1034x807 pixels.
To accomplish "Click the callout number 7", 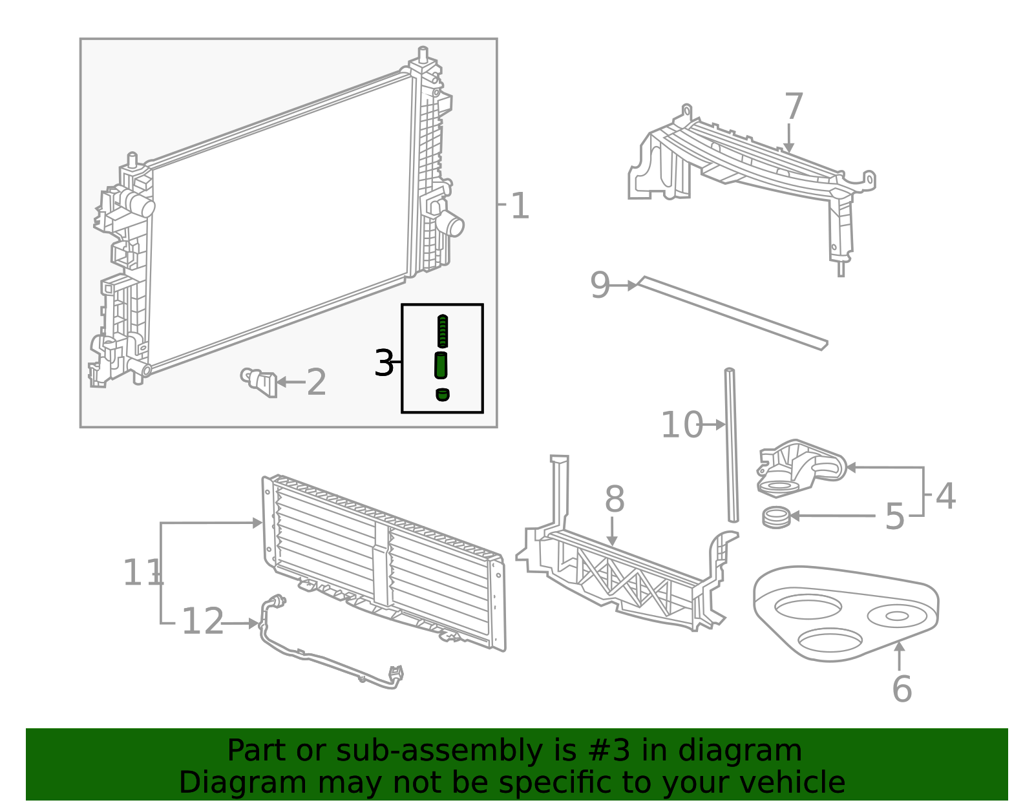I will click(x=794, y=107).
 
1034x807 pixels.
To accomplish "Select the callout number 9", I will click(x=600, y=285).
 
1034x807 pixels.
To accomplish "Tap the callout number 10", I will click(x=681, y=425).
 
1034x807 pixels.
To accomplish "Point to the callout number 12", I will click(x=202, y=622).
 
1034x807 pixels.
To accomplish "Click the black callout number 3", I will click(x=384, y=364).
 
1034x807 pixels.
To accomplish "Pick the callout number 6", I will click(x=902, y=689).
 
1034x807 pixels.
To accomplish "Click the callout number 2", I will click(x=316, y=383).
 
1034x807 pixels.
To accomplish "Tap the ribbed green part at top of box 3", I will click(x=443, y=331).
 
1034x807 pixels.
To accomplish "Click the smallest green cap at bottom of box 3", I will click(x=443, y=394).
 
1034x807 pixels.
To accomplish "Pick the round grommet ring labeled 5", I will click(x=776, y=517).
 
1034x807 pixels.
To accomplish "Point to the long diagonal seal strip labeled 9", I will click(x=730, y=314).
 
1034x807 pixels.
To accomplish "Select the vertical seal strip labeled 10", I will click(x=732, y=446).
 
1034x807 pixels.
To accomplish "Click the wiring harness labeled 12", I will click(x=323, y=659).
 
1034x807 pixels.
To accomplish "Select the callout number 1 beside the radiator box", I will click(x=520, y=207).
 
